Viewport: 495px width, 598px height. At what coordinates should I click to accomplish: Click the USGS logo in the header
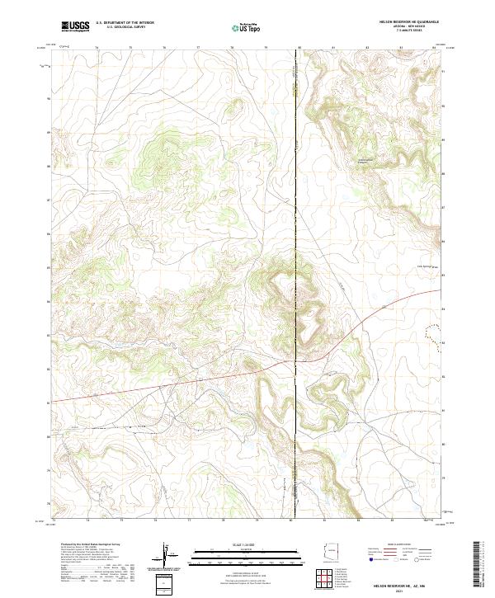[75, 26]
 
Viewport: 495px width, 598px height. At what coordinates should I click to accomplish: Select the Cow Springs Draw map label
[423, 266]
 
